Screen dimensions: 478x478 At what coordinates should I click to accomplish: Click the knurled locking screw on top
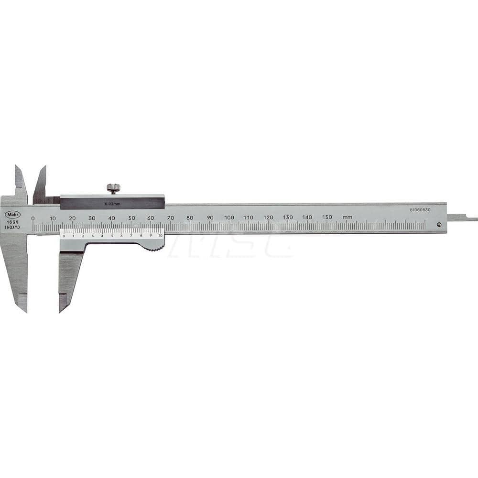(x=113, y=188)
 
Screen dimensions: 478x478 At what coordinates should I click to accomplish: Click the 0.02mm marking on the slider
(x=112, y=204)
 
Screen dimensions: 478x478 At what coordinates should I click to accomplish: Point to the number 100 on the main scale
(x=229, y=217)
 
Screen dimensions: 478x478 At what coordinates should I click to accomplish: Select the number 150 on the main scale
(x=327, y=217)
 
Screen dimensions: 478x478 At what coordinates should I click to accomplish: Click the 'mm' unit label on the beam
(x=348, y=217)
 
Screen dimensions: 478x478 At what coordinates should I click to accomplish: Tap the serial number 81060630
(x=420, y=209)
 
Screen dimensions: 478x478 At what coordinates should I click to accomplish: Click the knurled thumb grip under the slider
(x=153, y=246)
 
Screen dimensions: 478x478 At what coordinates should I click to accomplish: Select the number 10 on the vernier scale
(x=160, y=236)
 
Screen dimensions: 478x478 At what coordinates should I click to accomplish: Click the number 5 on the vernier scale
(x=112, y=236)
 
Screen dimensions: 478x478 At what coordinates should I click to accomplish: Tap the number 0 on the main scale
(x=33, y=218)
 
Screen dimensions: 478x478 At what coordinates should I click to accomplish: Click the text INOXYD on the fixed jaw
(x=13, y=228)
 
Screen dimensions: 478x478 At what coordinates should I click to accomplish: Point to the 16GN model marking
(x=11, y=222)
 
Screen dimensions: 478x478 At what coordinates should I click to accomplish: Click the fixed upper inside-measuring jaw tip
(x=17, y=168)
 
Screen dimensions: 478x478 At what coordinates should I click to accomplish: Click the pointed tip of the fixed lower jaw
(x=25, y=309)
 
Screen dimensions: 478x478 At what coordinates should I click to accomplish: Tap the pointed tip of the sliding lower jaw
(x=61, y=310)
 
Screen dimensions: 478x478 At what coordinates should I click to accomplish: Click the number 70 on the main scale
(x=170, y=217)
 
